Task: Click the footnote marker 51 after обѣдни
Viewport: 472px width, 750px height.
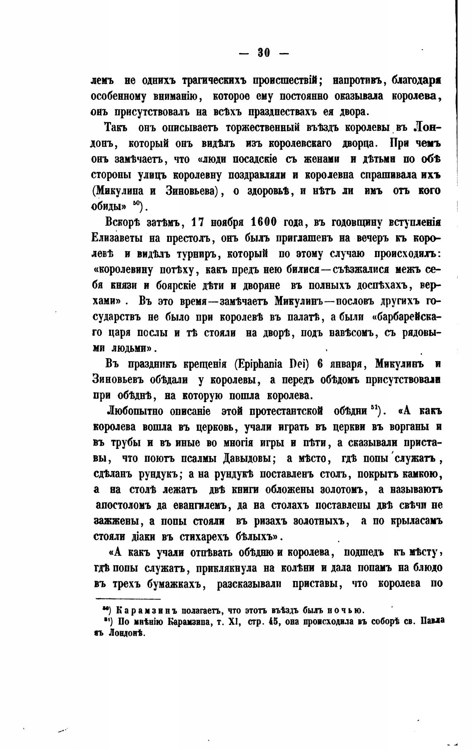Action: [x=377, y=409]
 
